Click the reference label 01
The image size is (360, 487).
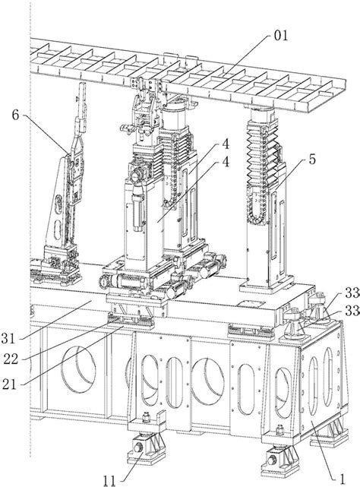[281, 36]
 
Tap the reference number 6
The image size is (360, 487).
[15, 115]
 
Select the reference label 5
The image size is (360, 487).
[312, 159]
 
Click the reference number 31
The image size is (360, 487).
[8, 338]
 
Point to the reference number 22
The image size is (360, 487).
[11, 359]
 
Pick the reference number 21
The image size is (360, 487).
[9, 384]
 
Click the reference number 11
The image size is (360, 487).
[109, 481]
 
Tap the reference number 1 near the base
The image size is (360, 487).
[343, 478]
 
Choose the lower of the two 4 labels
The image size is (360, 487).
[226, 162]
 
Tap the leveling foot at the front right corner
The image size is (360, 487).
[280, 462]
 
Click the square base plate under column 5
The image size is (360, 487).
[267, 285]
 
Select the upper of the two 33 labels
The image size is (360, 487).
[352, 293]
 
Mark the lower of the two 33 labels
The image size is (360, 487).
[352, 310]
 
